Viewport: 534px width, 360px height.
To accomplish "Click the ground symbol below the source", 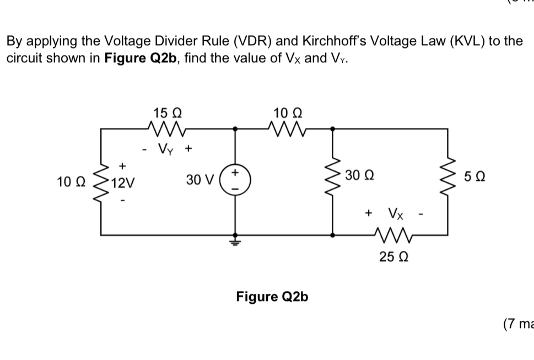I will (x=236, y=240).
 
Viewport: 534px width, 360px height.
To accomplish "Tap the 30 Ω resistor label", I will (x=359, y=176).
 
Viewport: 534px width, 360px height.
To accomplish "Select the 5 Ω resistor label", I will (x=475, y=177).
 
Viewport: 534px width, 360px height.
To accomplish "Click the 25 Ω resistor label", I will (x=393, y=256).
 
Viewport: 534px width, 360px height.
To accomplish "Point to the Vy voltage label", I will (x=166, y=148).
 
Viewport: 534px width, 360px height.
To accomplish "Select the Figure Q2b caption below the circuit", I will (x=272, y=297).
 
